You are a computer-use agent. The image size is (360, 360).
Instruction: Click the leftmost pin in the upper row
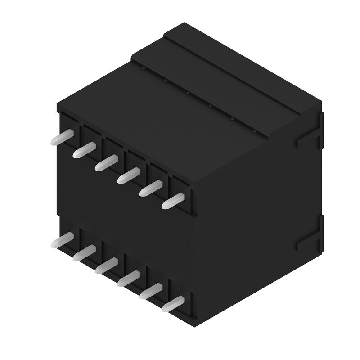click(x=62, y=138)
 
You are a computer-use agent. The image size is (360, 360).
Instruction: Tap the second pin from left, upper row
click(x=84, y=149)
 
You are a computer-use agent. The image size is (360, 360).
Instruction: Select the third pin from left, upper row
click(x=106, y=162)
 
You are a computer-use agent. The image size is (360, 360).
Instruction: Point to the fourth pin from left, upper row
click(x=129, y=175)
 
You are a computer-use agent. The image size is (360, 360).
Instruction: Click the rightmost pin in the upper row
click(x=173, y=200)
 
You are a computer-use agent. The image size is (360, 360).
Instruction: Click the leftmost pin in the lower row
click(x=62, y=241)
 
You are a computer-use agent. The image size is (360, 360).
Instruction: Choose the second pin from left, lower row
click(x=84, y=253)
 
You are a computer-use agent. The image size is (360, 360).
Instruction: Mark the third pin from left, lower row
click(x=106, y=266)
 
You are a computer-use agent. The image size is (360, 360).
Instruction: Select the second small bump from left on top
click(x=166, y=81)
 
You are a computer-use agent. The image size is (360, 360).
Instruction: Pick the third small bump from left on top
click(x=188, y=94)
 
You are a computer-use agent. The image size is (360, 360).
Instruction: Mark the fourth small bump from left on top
click(x=210, y=107)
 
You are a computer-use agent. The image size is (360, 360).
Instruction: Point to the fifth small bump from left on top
click(x=232, y=119)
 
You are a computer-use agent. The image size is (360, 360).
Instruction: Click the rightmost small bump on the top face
click(x=254, y=132)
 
